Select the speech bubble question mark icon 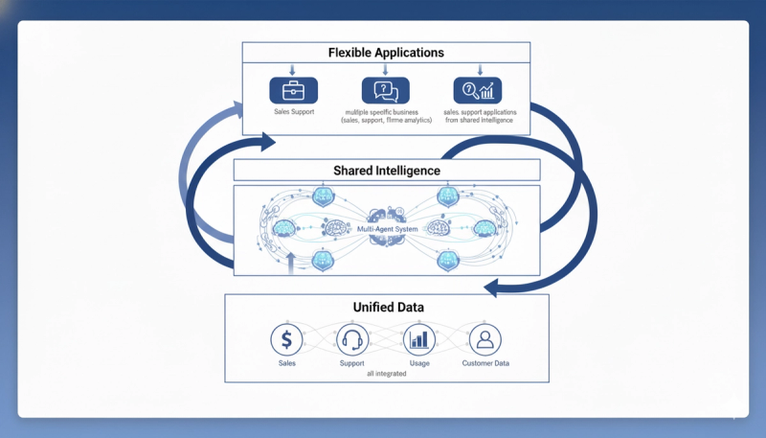click(384, 91)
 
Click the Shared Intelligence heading click(386, 171)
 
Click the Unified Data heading click(386, 307)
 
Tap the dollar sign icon click(287, 339)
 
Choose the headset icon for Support click(352, 339)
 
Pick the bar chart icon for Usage click(419, 339)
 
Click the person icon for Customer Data click(484, 339)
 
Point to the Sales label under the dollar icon click(287, 363)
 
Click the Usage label click(419, 363)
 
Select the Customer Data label click(484, 363)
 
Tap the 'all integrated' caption click(387, 374)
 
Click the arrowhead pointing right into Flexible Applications click(265, 143)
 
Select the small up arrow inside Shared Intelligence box click(291, 260)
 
